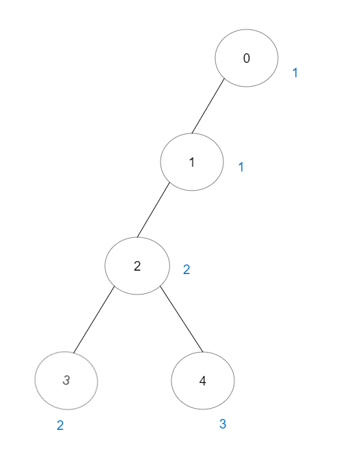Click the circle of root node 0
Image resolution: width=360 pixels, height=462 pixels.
(215, 58)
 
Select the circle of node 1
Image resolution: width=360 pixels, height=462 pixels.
(161, 162)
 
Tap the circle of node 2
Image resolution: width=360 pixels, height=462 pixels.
(105, 266)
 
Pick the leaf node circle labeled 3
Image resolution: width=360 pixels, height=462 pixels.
(35, 381)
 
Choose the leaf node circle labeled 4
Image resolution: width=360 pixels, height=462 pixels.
(171, 381)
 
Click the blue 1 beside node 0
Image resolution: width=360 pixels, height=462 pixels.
(295, 72)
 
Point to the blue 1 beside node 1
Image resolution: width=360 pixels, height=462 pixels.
(241, 167)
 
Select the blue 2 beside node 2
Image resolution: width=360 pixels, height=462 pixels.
(186, 269)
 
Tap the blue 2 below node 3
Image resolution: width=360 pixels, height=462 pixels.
(60, 425)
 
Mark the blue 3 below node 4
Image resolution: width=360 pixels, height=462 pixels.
(223, 424)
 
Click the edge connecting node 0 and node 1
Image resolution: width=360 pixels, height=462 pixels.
(208, 106)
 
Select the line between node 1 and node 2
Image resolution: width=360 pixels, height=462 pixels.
(154, 210)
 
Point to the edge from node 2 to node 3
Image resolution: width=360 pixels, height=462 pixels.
(94, 319)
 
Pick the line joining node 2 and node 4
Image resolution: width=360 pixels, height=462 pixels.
(182, 319)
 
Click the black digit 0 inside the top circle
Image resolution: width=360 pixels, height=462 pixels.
(247, 58)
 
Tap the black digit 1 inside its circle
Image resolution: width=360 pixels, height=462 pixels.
(192, 162)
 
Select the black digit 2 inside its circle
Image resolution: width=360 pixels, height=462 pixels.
(137, 266)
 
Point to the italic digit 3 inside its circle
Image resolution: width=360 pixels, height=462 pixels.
(66, 380)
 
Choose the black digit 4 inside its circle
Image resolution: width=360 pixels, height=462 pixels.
(203, 381)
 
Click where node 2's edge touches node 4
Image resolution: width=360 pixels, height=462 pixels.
(203, 352)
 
